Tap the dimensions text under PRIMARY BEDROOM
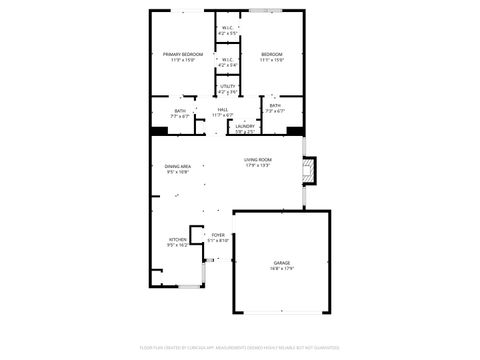pyautogui.click(x=181, y=60)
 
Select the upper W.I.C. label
pyautogui.click(x=227, y=28)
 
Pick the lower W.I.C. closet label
pyautogui.click(x=227, y=59)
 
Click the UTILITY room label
pyautogui.click(x=227, y=88)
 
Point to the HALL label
pyautogui.click(x=222, y=110)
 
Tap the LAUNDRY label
pyautogui.click(x=245, y=125)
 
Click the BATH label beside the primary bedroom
pyautogui.click(x=180, y=111)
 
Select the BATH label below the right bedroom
pyautogui.click(x=274, y=105)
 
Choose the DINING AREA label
pyautogui.click(x=178, y=166)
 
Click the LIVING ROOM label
pyautogui.click(x=258, y=160)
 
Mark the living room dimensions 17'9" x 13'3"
pyautogui.click(x=258, y=166)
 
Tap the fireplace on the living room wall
pyautogui.click(x=310, y=171)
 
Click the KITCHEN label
pyautogui.click(x=177, y=239)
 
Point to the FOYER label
pyautogui.click(x=218, y=234)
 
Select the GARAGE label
pyautogui.click(x=282, y=262)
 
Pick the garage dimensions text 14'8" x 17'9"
pyautogui.click(x=282, y=268)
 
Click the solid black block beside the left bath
pyautogui.click(x=159, y=130)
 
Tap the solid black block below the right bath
pyautogui.click(x=295, y=130)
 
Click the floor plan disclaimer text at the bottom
pyautogui.click(x=240, y=350)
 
